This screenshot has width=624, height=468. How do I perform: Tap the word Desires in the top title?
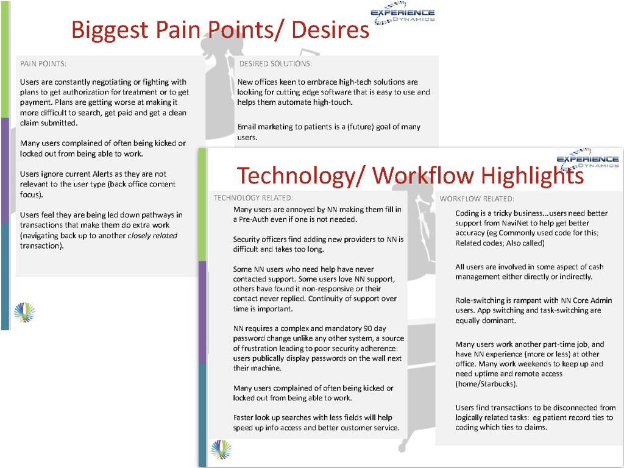click(330, 29)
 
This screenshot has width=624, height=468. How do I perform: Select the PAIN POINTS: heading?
click(43, 63)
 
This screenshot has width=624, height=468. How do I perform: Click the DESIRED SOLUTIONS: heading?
click(275, 63)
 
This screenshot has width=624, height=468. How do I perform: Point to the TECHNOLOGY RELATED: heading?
click(253, 198)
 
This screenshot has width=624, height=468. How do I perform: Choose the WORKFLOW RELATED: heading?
click(477, 199)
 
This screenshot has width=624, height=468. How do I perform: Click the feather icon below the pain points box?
click(24, 312)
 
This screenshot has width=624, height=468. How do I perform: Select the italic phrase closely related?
click(152, 236)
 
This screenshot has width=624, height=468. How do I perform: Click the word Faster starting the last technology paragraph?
click(243, 418)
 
